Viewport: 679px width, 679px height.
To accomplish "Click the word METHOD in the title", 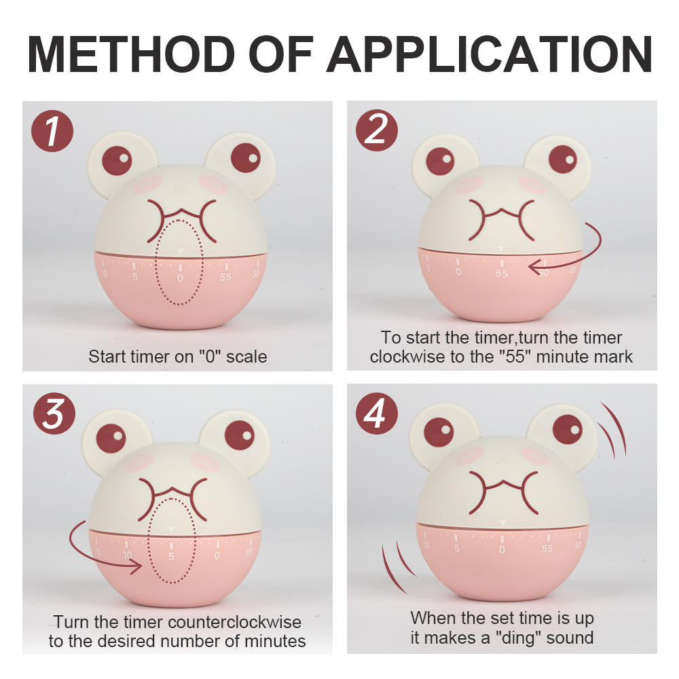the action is (131, 54).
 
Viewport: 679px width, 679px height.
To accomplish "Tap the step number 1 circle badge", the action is (52, 131).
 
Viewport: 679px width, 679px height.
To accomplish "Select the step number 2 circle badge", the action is (377, 130).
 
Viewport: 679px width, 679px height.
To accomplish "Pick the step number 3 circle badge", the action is (54, 413).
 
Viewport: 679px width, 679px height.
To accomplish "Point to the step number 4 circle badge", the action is (377, 413).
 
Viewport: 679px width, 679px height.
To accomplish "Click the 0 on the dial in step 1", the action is (180, 278).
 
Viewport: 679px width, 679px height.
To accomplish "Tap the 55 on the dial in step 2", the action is (502, 273).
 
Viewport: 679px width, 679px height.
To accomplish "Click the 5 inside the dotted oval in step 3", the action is (172, 556).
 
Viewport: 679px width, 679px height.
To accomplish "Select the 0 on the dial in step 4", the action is (502, 549).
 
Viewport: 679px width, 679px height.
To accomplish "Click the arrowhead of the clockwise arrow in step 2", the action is (536, 267).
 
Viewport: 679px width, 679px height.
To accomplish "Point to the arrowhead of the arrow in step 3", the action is (136, 566).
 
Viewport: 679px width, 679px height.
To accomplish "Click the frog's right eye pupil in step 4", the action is (568, 429).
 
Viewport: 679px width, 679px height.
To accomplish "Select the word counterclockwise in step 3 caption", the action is (234, 622).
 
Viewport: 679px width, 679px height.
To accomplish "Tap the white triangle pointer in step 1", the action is (181, 251).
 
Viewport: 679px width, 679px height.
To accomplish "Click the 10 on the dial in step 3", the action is (128, 555).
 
